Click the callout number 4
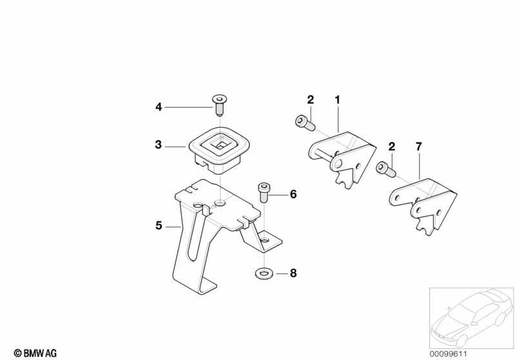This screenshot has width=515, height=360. [x=159, y=107]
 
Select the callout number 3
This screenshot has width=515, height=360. [x=159, y=144]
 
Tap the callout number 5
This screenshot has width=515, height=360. [x=159, y=225]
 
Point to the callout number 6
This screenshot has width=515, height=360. [x=293, y=194]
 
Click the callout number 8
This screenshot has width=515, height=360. [x=293, y=273]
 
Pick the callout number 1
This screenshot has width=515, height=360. [x=338, y=100]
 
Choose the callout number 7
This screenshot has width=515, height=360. [x=418, y=147]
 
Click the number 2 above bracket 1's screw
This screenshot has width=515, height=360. [x=311, y=100]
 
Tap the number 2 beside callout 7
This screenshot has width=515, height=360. [x=391, y=147]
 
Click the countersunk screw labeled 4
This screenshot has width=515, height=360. [x=220, y=105]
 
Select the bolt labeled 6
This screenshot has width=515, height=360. [x=264, y=193]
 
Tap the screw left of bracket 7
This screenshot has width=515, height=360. [x=386, y=169]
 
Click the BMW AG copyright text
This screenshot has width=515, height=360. [x=35, y=353]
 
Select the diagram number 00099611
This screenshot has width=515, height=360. [x=448, y=354]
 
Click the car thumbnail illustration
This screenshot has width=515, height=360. [x=471, y=317]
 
